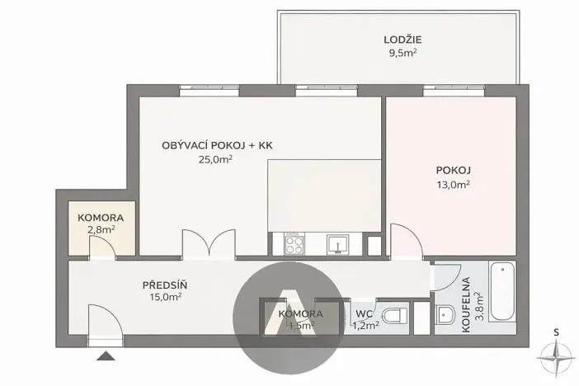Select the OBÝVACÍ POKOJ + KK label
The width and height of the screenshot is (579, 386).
(217, 145)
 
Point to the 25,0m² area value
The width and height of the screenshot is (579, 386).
(217, 161)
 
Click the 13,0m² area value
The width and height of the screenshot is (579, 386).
(453, 186)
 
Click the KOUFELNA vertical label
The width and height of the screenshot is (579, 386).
(467, 304)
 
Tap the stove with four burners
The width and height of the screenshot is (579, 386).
(294, 244)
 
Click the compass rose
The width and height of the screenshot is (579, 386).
(556, 356)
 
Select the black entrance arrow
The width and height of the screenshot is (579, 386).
(105, 355)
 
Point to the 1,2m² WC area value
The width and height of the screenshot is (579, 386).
(367, 326)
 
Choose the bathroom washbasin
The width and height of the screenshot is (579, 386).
(445, 314)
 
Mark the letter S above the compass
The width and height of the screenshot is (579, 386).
(557, 332)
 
